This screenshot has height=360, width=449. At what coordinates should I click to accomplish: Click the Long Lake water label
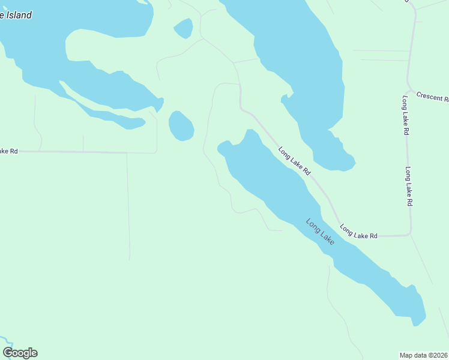tap(319, 231)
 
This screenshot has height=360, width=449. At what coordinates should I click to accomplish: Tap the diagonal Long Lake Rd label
tap(294, 161)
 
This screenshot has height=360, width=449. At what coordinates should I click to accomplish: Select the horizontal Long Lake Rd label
tap(358, 232)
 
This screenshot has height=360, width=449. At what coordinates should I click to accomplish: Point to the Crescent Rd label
tap(432, 97)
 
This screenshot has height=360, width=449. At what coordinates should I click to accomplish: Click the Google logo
tap(20, 353)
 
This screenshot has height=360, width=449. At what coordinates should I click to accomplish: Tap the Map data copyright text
tap(424, 355)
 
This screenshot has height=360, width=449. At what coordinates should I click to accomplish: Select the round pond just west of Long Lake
tap(181, 126)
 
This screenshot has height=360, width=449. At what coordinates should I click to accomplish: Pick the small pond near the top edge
tap(183, 28)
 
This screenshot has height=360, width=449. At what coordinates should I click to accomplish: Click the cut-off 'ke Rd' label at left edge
tap(9, 151)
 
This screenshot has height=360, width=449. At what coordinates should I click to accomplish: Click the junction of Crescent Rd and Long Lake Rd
tap(410, 89)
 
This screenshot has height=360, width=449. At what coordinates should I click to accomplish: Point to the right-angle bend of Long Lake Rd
tap(410, 233)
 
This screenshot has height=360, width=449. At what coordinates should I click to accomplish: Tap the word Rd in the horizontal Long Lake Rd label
tap(373, 236)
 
